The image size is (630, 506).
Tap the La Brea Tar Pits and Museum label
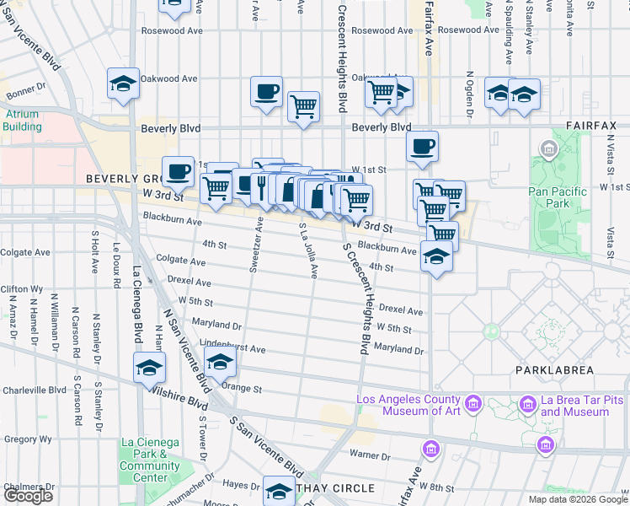coord(574,406)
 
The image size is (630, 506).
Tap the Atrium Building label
coord(22,120)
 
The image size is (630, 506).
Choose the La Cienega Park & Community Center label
coord(150,460)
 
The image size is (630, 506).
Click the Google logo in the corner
coord(28,496)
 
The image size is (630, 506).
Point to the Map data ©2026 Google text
coord(577,499)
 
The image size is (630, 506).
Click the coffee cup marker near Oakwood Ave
coord(266,92)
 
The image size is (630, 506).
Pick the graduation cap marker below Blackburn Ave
coord(437,256)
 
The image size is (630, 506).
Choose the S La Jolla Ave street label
coord(308,250)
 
